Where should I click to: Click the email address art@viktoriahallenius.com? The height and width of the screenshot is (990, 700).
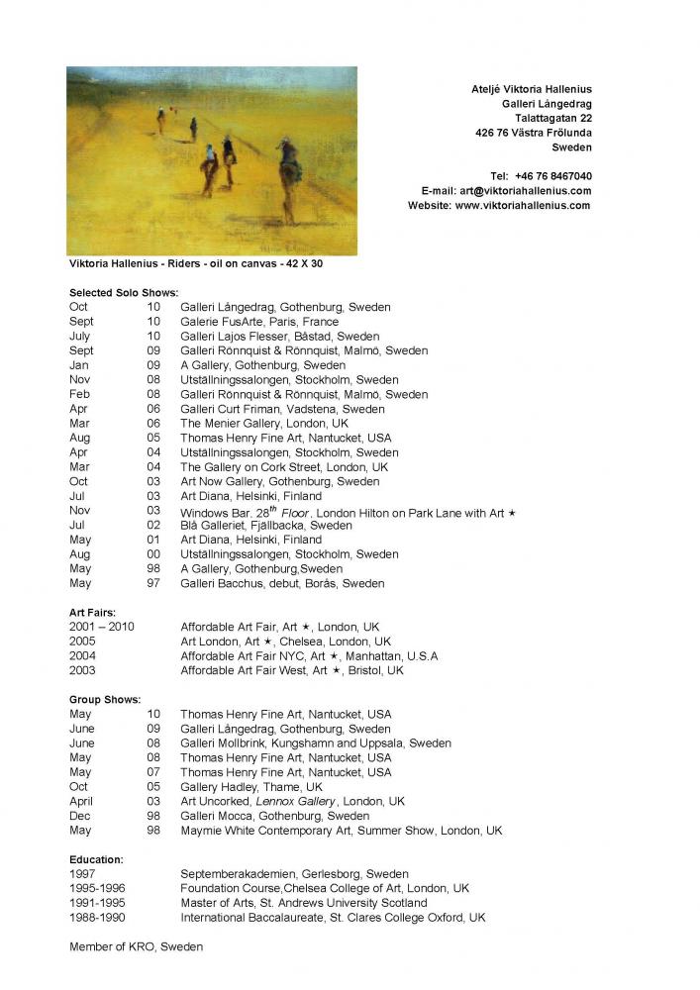[526, 191]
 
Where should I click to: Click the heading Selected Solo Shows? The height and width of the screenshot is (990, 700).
[124, 293]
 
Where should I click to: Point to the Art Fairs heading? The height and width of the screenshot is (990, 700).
[93, 613]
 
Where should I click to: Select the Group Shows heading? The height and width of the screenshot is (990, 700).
[105, 700]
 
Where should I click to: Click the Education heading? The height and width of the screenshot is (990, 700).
[96, 859]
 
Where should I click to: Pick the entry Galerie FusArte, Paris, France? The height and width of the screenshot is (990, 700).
[259, 322]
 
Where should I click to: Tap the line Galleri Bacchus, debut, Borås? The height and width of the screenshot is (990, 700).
[282, 584]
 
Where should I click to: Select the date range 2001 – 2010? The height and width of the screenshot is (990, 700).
[102, 628]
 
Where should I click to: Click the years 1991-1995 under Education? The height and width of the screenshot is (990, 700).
[97, 903]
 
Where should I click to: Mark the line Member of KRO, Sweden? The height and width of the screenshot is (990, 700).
[136, 947]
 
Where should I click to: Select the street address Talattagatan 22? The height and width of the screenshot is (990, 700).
[547, 118]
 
